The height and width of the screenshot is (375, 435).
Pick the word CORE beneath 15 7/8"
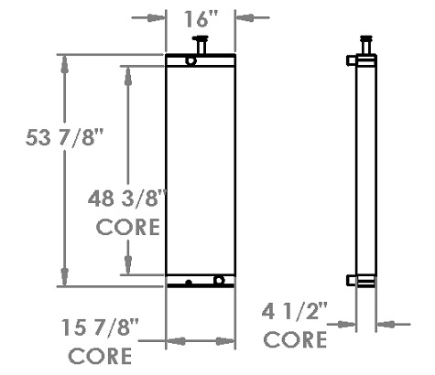pyautogui.click(x=101, y=355)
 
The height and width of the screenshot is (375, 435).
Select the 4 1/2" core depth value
pyautogui.click(x=296, y=311)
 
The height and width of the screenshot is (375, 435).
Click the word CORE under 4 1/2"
pyautogui.click(x=296, y=340)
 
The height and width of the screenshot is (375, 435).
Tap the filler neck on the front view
pyautogui.click(x=200, y=45)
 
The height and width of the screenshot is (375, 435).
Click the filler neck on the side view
pyautogui.click(x=366, y=44)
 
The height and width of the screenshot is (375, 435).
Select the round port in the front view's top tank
pyautogui.click(x=190, y=61)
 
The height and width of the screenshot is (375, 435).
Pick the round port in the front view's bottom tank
pyautogui.click(x=218, y=281)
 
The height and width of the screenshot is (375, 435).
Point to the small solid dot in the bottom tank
pyautogui.click(x=188, y=282)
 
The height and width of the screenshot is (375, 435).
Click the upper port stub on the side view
pyautogui.click(x=352, y=61)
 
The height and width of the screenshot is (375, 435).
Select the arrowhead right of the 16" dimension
pyautogui.click(x=244, y=16)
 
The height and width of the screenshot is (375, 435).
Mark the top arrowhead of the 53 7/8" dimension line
pyautogui.click(x=65, y=61)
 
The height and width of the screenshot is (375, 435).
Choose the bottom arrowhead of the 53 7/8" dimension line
pyautogui.click(x=65, y=279)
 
